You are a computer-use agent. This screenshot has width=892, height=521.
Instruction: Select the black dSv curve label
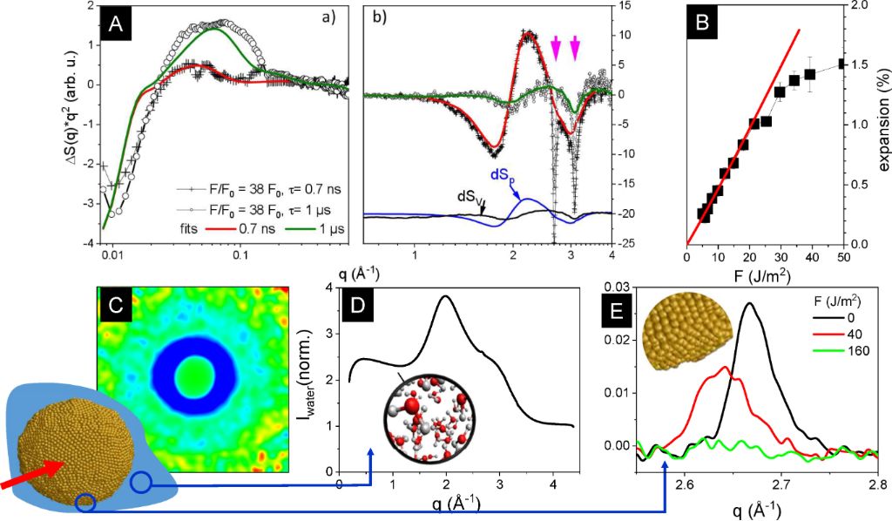(x=470, y=196)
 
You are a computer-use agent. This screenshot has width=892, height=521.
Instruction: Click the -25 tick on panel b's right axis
(x=626, y=243)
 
